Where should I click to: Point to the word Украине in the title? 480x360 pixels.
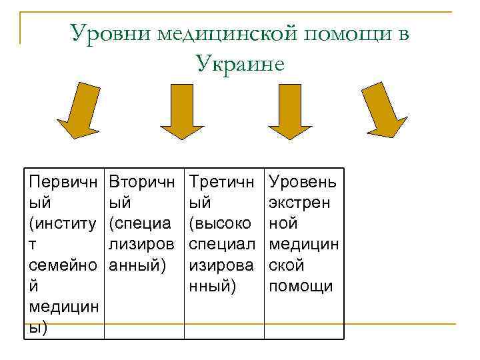241,63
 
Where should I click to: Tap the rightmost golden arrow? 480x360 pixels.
385,111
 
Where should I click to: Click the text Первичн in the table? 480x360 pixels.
62,182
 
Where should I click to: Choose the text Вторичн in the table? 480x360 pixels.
142,182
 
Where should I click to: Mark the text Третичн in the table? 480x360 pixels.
222,182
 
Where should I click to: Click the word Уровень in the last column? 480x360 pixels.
302,182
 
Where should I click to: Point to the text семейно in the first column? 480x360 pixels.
62,265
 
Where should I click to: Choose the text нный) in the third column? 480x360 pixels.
213,287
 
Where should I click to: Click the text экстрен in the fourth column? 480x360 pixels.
301,203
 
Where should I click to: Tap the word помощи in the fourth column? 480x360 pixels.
300,287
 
